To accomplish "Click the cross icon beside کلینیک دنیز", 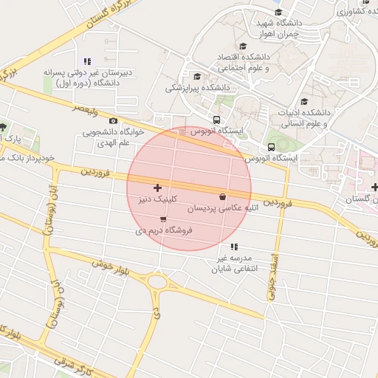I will pos(157,188).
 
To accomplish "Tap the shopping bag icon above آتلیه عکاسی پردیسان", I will pos(223,196).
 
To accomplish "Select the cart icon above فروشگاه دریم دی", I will pos(162,219).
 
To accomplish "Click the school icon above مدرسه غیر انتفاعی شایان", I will pos(234,247).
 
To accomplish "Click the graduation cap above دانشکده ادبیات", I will pos(304,102).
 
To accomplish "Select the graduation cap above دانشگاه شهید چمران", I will pos(278,13).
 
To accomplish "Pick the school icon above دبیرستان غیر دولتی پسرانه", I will pos(87,61).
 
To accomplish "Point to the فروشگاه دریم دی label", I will pos(164,230).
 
